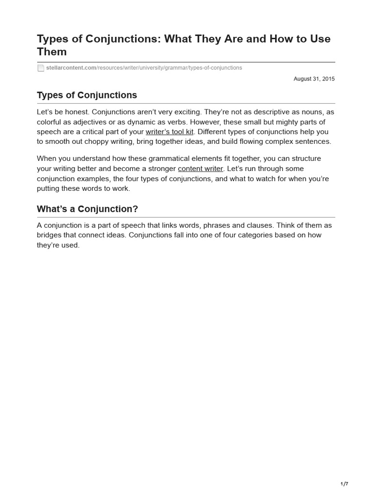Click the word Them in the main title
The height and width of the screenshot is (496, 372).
pyautogui.click(x=52, y=51)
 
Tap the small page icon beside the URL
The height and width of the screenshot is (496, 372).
pyautogui.click(x=41, y=68)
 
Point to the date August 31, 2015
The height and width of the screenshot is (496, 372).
pyautogui.click(x=314, y=78)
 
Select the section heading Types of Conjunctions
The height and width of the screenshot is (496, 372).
pyautogui.click(x=87, y=95)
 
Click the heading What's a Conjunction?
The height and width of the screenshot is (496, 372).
pyautogui.click(x=87, y=209)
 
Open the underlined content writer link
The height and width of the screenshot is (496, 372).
pyautogui.click(x=201, y=169)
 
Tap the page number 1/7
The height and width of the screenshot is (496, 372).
pyautogui.click(x=344, y=484)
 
